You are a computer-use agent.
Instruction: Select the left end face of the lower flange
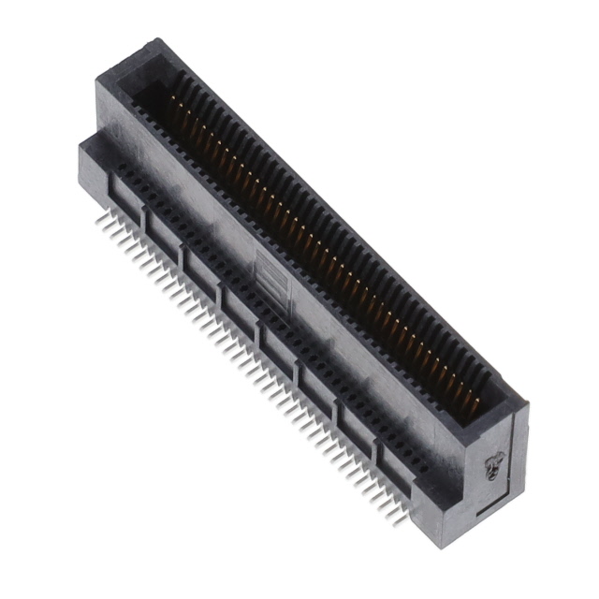tap(89, 173)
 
